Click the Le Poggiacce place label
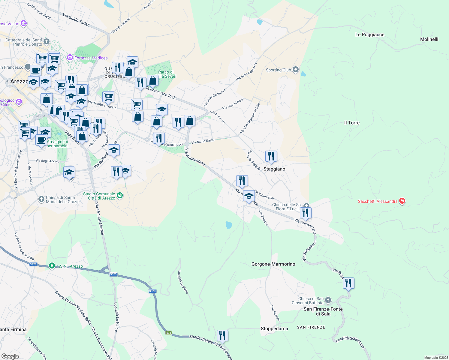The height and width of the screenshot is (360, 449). tap(370, 34)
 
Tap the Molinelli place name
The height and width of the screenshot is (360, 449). tap(429, 39)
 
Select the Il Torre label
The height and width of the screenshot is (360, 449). tap(352, 123)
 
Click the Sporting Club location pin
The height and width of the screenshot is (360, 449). tap(296, 70)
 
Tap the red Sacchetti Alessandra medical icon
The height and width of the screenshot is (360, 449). tap(402, 201)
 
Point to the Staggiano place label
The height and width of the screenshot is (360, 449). tap(274, 169)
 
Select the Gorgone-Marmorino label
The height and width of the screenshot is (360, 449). tap(273, 264)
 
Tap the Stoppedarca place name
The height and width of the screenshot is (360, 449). tap(274, 328)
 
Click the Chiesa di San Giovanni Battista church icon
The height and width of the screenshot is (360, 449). tap(328, 300)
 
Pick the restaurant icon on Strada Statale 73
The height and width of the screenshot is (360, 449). tap(222, 335)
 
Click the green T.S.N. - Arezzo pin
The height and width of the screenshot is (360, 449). tap(52, 266)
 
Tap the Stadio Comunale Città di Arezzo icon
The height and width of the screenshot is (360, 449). tap(120, 196)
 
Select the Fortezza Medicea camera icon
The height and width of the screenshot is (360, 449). tap(70, 57)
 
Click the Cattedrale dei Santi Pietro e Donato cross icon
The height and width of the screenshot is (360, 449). tap(46, 41)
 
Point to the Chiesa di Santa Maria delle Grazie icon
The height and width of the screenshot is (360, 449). tap(41, 199)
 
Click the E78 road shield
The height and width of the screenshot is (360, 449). tap(169, 333)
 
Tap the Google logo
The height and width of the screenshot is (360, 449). tap(10, 356)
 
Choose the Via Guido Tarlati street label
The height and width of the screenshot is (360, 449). tap(76, 20)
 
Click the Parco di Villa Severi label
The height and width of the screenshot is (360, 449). tap(166, 74)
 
